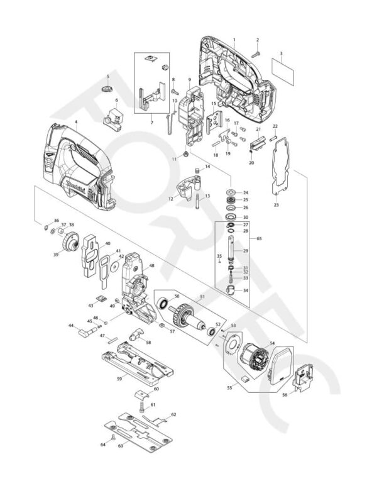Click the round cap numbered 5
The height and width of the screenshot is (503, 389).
[107, 90]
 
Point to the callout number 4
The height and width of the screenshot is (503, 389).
[76, 122]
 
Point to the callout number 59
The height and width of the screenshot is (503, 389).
[119, 379]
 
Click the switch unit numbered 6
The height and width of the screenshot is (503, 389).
[115, 116]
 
